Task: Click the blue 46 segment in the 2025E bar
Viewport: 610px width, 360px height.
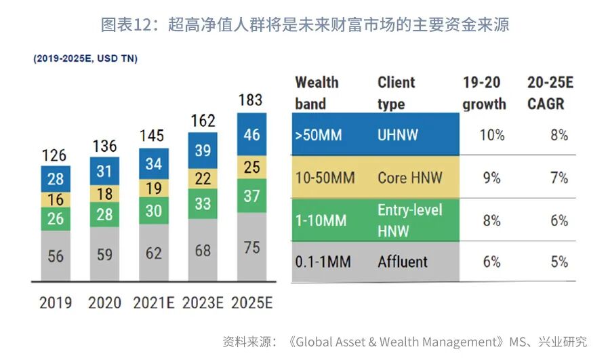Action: (x=251, y=134)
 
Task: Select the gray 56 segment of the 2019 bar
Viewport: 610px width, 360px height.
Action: (x=56, y=255)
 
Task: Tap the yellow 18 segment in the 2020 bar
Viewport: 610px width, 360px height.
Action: (x=104, y=194)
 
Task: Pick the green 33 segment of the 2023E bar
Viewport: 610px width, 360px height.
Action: (x=203, y=203)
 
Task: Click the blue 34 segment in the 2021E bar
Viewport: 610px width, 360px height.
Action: (x=153, y=163)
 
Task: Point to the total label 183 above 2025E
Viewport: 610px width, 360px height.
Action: (x=251, y=100)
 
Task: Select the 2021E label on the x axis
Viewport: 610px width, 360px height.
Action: (x=153, y=302)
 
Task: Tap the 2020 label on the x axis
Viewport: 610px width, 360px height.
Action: (x=104, y=302)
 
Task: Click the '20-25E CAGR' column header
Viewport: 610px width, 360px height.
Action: (x=550, y=93)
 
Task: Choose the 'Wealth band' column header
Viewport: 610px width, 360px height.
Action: (x=317, y=93)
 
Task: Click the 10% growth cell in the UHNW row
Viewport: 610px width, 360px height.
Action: (x=492, y=135)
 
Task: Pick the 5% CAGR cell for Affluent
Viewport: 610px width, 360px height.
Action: (x=559, y=262)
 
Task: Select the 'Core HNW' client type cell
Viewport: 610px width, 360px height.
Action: (x=409, y=178)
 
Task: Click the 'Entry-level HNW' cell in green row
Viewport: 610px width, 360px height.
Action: (x=409, y=220)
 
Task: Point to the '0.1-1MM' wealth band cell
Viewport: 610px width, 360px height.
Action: (x=323, y=262)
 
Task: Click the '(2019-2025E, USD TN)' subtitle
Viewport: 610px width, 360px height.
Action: (x=85, y=59)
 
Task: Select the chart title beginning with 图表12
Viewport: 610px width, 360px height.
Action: (x=304, y=25)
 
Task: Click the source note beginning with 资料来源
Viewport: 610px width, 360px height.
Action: (x=404, y=342)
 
